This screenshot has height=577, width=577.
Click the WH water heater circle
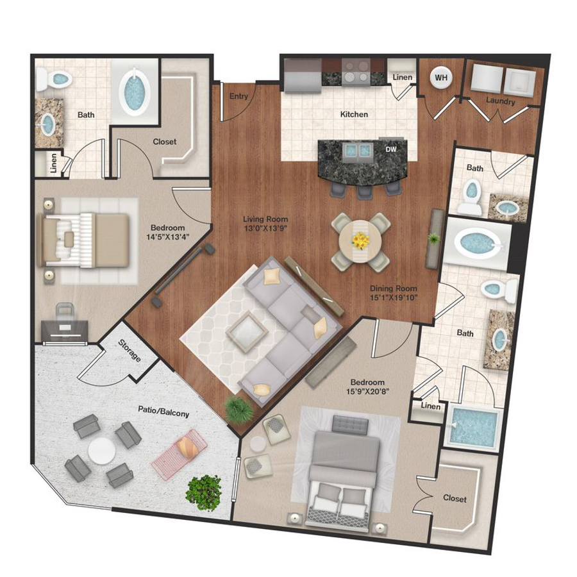point(441,78)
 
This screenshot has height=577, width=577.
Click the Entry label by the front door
point(238,96)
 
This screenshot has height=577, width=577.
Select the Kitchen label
point(354,114)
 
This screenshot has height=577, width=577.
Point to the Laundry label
point(500,101)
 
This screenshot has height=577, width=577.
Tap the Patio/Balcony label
point(163,413)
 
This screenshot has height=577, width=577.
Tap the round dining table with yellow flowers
point(361,241)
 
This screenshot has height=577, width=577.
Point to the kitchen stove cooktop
point(354,71)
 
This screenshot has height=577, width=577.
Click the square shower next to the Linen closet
point(474,424)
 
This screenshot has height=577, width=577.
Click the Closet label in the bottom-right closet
point(454,498)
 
